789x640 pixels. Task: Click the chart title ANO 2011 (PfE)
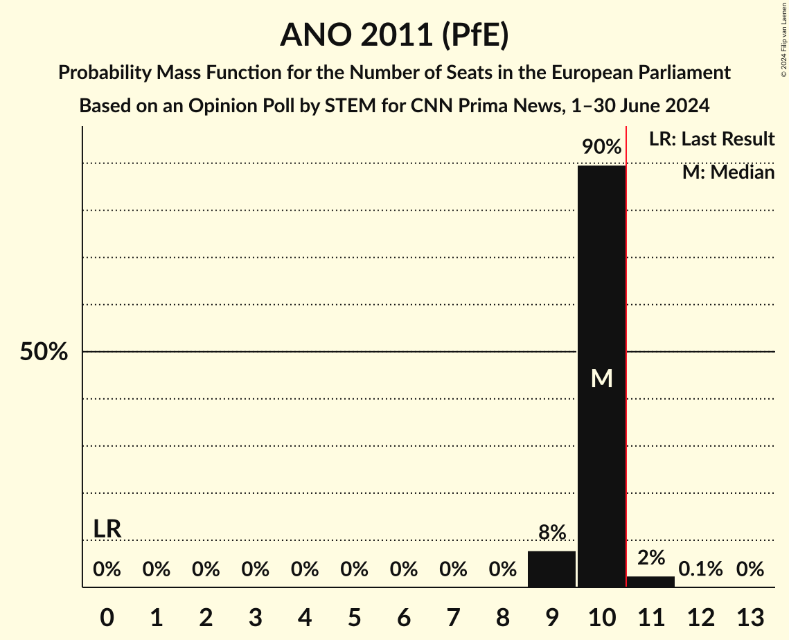point(394,35)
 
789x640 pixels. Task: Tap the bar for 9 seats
point(551,569)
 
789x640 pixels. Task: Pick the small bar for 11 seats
point(650,581)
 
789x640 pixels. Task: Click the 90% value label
point(601,147)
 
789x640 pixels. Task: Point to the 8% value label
point(552,533)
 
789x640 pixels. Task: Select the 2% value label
point(651,558)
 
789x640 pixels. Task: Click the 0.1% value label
point(700,569)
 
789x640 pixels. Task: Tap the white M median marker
point(601,378)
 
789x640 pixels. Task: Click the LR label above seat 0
point(107,529)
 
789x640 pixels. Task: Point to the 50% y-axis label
point(44,352)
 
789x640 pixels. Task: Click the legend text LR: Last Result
point(711,139)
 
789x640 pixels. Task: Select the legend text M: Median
point(728,172)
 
